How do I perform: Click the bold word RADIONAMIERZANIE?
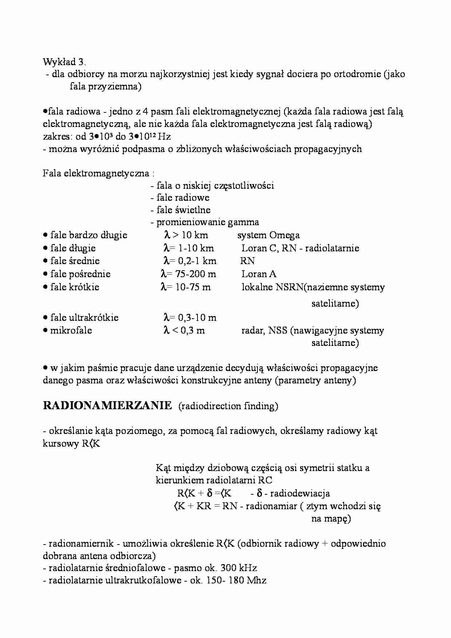click(107, 406)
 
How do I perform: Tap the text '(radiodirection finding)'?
click(228, 406)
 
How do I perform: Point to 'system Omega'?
click(268, 235)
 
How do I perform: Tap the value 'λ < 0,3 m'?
click(184, 330)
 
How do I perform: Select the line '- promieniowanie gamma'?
click(205, 222)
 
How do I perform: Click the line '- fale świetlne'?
click(180, 210)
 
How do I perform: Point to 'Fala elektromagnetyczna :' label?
click(99, 173)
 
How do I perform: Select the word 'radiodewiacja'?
click(300, 494)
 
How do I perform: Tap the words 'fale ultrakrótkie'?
click(84, 318)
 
